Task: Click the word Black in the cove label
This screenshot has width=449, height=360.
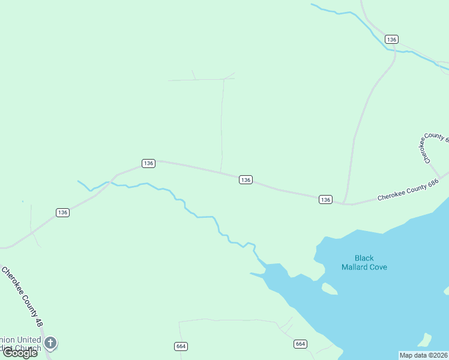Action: [x=364, y=258]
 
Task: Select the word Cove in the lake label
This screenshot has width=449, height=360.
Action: [x=378, y=267]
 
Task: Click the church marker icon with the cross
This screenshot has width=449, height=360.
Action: [x=51, y=343]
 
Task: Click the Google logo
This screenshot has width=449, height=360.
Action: [x=20, y=353]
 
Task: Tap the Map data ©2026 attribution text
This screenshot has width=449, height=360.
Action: [x=424, y=355]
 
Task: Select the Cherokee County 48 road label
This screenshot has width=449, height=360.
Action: [x=23, y=296]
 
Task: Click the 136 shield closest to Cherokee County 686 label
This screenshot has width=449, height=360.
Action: [x=325, y=199]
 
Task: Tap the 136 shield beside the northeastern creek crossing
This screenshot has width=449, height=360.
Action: [x=391, y=39]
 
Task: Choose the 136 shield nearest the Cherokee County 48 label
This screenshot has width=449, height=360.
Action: [x=63, y=212]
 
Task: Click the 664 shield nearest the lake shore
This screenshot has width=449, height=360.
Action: [x=301, y=344]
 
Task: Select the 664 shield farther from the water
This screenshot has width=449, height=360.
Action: [x=181, y=346]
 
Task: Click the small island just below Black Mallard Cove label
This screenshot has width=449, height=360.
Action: [x=330, y=289]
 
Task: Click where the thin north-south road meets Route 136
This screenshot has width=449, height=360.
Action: [x=221, y=173]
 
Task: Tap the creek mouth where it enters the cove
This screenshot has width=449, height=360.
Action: [x=264, y=265]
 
